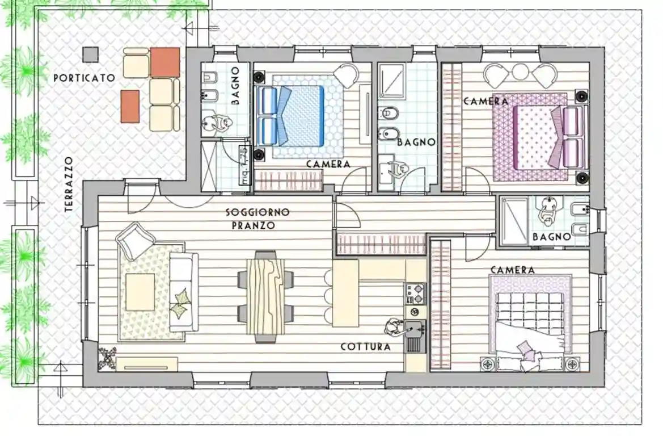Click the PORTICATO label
point(84,78)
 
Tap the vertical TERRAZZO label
point(69,185)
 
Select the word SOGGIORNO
point(257,212)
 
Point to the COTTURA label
point(366,346)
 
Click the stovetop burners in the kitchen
point(415,292)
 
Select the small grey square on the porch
point(90,54)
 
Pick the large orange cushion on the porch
point(165,61)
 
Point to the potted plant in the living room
point(107,357)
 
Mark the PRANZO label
point(254,225)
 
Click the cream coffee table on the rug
point(140,292)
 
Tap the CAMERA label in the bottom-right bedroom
point(512,270)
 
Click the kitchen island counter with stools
point(345,293)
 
